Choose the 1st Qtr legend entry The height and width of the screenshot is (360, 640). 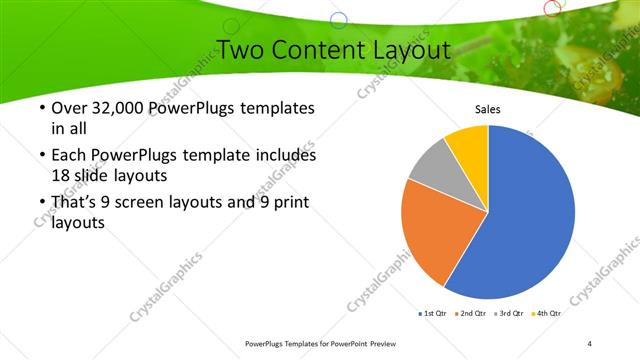(432, 314)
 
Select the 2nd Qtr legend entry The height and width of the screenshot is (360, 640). (471, 314)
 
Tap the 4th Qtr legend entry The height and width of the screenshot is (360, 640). (547, 314)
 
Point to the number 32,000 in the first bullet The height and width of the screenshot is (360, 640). (119, 108)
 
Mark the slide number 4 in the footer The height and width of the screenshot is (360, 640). (590, 344)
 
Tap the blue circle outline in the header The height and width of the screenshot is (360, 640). (338, 19)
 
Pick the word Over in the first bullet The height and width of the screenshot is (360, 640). (68, 108)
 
